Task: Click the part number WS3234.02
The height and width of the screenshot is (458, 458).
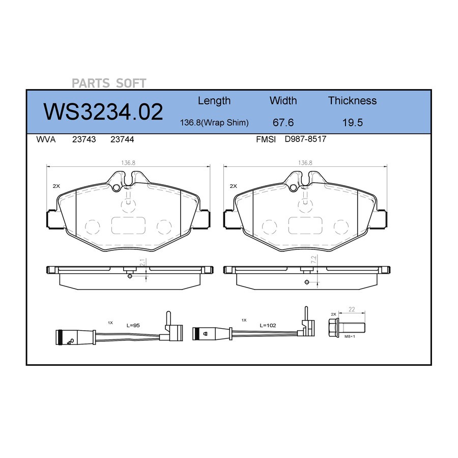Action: point(103,112)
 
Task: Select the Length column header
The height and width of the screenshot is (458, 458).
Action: point(214,101)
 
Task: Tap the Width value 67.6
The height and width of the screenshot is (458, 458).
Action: point(283,122)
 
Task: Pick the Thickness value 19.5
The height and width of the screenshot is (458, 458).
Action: point(353,122)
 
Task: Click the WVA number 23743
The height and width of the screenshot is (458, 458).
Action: point(84,139)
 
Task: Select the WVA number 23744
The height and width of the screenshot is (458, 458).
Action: point(122,139)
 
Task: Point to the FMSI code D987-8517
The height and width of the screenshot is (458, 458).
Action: point(305,139)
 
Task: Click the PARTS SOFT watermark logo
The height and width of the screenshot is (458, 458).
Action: point(109,83)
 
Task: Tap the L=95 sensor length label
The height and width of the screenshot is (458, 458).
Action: point(133,325)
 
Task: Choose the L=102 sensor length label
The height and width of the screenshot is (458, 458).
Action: point(268,325)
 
